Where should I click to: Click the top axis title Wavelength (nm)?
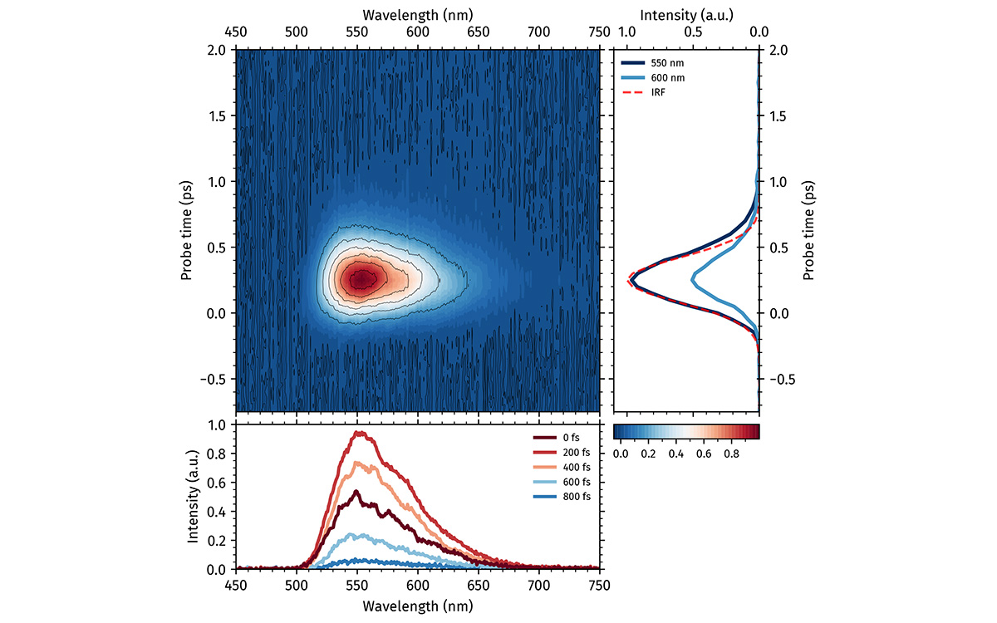417,14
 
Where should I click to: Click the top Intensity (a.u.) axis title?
686,14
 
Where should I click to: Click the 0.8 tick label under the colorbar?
732,454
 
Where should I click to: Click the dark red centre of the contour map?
361,280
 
